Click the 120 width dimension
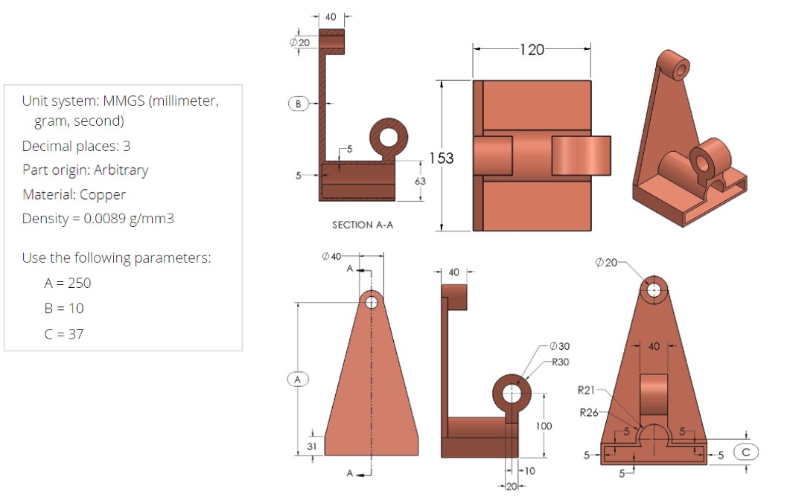pyautogui.click(x=532, y=50)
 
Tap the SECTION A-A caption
pyautogui.click(x=362, y=225)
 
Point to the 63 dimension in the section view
pyautogui.click(x=419, y=181)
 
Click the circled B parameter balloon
pyautogui.click(x=298, y=103)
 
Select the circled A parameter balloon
pyautogui.click(x=297, y=379)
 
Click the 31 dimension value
pyautogui.click(x=312, y=446)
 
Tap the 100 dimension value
pyautogui.click(x=544, y=426)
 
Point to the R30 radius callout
pyautogui.click(x=560, y=362)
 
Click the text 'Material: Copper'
pyautogui.click(x=74, y=194)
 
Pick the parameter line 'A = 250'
pyautogui.click(x=68, y=283)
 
